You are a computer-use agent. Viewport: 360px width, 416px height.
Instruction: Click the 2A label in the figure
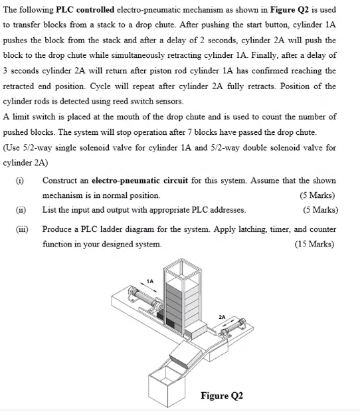pyautogui.click(x=221, y=316)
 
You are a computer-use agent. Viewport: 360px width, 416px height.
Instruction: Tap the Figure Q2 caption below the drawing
pyautogui.click(x=222, y=396)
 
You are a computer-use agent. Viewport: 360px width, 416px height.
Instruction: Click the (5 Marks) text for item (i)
pyautogui.click(x=317, y=195)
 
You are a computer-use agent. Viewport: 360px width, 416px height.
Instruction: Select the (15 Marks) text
pyautogui.click(x=315, y=244)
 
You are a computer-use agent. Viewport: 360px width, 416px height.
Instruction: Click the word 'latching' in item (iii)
pyautogui.click(x=256, y=229)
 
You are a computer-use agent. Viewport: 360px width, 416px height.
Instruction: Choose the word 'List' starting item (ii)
pyautogui.click(x=50, y=211)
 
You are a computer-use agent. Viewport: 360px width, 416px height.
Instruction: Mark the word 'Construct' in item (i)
pyautogui.click(x=60, y=180)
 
